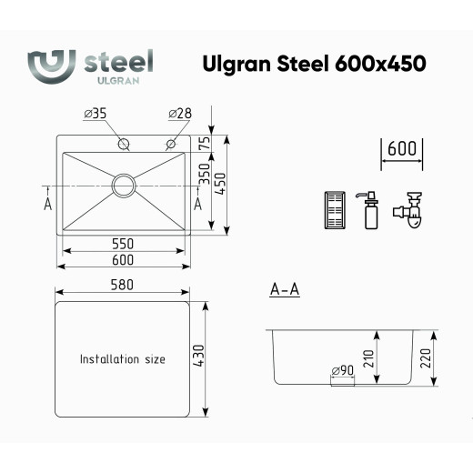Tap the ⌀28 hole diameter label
click(180, 115)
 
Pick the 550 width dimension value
click(123, 244)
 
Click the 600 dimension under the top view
click(123, 260)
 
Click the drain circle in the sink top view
click(123, 185)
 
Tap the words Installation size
click(123, 359)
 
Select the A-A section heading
click(285, 290)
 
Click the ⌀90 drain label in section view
click(342, 370)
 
